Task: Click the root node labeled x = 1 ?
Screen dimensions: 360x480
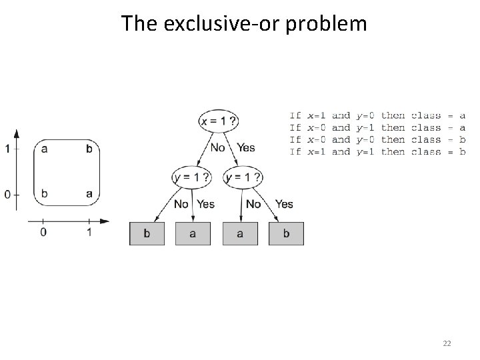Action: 219,121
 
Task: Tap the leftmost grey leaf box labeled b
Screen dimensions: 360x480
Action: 147,234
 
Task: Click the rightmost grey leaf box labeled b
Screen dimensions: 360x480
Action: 286,234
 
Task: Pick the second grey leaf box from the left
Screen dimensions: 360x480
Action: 193,234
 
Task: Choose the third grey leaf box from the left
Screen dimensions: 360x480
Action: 239,234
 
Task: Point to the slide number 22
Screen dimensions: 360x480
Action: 447,343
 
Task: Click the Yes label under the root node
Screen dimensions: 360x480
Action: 245,147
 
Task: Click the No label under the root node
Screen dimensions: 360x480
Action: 217,147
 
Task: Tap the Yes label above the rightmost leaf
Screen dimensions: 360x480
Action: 284,204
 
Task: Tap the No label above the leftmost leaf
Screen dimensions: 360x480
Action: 181,204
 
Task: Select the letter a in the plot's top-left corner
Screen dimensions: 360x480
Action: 44,149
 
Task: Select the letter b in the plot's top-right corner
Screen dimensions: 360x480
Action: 89,149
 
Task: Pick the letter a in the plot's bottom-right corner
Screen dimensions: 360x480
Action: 89,194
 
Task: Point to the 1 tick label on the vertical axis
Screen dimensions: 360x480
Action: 7,149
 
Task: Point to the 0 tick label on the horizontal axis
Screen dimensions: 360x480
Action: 43,232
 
